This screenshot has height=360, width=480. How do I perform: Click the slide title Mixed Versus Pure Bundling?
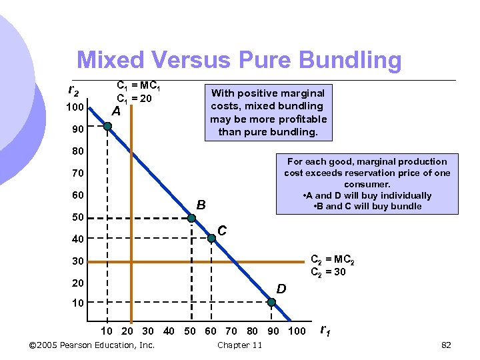point(239,61)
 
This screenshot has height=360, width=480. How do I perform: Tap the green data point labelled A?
point(108,128)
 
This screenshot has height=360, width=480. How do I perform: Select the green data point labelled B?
point(191,218)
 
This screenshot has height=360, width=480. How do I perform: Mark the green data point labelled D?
point(271,302)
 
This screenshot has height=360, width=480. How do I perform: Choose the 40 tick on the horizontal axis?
point(169,331)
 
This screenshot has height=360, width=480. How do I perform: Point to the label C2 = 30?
point(329,271)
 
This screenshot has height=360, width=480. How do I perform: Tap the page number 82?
point(447,345)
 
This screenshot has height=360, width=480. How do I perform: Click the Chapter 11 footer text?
point(239,345)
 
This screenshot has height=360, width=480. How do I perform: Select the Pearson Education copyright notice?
point(93,345)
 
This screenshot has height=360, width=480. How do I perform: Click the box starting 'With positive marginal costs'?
point(268,113)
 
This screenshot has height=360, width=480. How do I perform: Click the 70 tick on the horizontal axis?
point(231,331)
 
